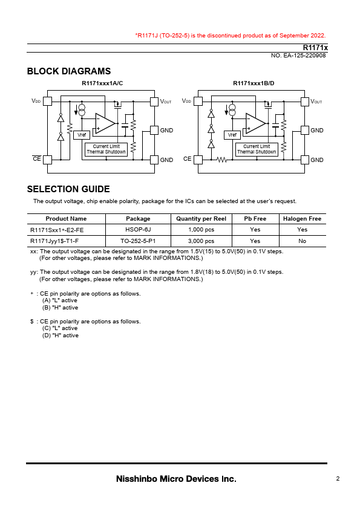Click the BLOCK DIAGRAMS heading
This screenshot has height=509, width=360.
[x=69, y=71]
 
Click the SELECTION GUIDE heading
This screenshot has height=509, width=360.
[x=68, y=189]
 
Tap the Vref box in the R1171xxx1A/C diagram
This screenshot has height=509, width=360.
[x=82, y=135]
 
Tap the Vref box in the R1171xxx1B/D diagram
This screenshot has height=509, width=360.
[x=232, y=135]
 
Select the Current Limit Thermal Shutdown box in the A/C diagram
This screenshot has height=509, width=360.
[x=106, y=149]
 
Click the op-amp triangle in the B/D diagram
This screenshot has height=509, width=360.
[x=255, y=123]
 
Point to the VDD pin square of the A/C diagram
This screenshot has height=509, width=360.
[x=47, y=102]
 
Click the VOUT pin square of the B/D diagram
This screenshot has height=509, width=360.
[x=305, y=102]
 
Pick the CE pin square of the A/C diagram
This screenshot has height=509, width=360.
[x=47, y=160]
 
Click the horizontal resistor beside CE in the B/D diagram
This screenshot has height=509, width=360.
[x=222, y=160]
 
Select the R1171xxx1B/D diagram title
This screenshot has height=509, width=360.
[x=254, y=83]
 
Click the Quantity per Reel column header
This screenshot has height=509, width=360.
[x=201, y=219]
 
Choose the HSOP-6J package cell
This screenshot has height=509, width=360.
[x=138, y=230]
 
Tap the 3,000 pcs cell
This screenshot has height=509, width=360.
[x=201, y=241]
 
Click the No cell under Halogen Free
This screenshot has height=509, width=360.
[x=302, y=241]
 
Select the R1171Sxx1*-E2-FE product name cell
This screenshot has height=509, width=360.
[x=57, y=230]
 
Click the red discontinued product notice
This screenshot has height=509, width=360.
[x=231, y=36]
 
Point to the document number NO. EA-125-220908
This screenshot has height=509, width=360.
[x=298, y=56]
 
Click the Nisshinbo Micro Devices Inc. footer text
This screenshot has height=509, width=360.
[x=176, y=479]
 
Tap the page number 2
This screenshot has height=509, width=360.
[x=338, y=479]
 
